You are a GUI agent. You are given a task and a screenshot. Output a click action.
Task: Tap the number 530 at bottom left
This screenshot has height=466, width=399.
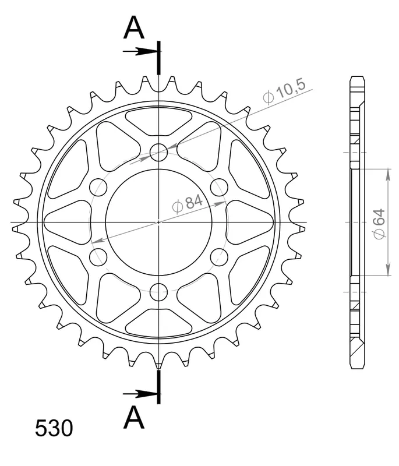pyautogui.click(x=54, y=428)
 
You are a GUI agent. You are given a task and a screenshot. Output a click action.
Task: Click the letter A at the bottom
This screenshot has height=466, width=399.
pyautogui.click(x=134, y=416)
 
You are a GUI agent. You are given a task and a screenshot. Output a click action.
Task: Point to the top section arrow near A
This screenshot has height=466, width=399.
pyautogui.click(x=140, y=51)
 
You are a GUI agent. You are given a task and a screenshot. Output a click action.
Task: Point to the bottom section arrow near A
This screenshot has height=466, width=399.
pyautogui.click(x=140, y=394)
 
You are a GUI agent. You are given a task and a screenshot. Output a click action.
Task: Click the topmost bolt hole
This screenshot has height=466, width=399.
pyautogui.click(x=158, y=152)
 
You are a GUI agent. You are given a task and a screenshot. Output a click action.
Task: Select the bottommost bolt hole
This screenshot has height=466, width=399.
pyautogui.click(x=158, y=292)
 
